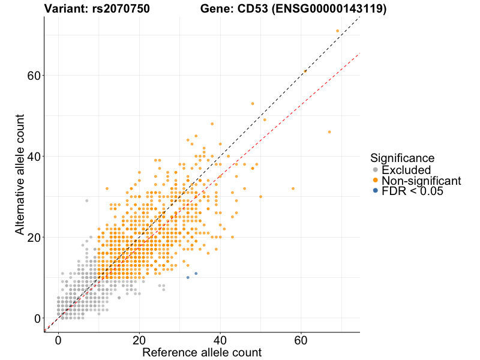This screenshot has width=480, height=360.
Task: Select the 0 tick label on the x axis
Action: [58, 340]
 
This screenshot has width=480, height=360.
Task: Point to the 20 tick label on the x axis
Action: [139, 340]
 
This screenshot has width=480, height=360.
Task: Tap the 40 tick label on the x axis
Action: [220, 340]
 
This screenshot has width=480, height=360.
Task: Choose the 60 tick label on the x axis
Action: [301, 340]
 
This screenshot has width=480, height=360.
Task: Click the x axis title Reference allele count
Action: [202, 352]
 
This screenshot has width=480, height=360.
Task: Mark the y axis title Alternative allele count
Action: [20, 174]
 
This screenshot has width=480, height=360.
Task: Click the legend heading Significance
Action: [402, 158]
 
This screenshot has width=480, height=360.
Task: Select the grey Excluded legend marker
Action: [376, 170]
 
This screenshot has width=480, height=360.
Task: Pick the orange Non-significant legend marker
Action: [376, 180]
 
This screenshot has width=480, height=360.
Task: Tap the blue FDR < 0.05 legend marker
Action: [376, 190]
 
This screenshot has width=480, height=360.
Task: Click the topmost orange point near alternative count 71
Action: [338, 31]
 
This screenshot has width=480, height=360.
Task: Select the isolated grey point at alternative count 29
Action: [86, 200]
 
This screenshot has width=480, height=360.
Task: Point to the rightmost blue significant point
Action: [196, 274]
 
